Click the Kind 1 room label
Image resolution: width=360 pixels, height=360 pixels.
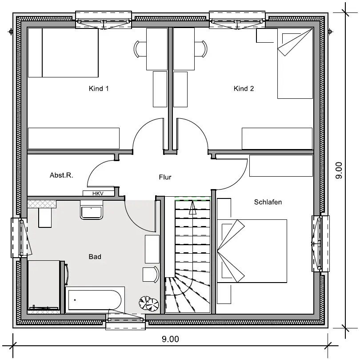(99, 89)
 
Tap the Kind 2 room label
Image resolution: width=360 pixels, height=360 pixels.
(244, 89)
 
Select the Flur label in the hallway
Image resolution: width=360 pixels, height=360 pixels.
(165, 177)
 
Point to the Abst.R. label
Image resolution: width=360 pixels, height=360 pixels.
(61, 175)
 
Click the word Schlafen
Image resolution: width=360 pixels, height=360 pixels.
(268, 202)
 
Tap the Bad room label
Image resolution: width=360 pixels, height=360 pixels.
(95, 257)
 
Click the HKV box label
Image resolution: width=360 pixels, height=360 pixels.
(98, 194)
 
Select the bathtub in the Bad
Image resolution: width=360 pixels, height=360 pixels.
(95, 300)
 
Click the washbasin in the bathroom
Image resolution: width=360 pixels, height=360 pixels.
(91, 210)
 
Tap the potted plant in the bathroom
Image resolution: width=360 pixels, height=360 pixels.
(149, 303)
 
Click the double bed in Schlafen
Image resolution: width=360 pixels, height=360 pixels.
(252, 251)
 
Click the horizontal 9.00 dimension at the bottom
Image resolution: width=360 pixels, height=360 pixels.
(170, 339)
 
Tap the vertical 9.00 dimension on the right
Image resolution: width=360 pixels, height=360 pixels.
(339, 170)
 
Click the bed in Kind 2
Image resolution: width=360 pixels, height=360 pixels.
(295, 64)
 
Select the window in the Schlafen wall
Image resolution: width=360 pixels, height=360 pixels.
(320, 243)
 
